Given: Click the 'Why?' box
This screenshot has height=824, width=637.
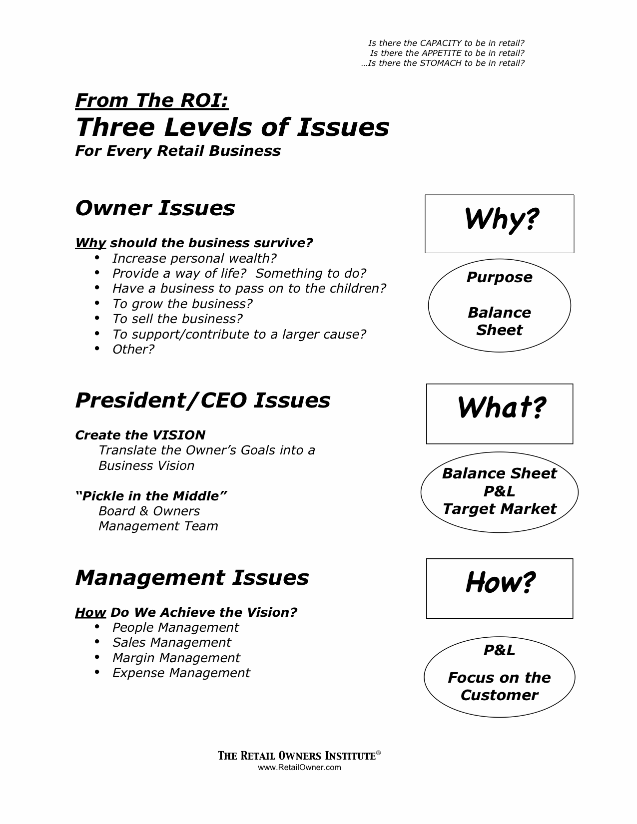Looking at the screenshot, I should [500, 223].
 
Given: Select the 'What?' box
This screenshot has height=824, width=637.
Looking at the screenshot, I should [500, 413].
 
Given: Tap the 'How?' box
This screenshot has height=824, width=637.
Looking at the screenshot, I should [500, 588].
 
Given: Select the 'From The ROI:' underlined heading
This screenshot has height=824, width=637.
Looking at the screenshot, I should [152, 101].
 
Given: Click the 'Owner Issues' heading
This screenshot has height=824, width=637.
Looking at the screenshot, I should [155, 208].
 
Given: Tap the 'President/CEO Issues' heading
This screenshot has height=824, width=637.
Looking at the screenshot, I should [202, 401].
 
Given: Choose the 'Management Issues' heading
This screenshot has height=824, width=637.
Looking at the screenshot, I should [192, 578].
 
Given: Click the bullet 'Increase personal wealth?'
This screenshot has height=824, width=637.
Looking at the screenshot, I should [194, 258].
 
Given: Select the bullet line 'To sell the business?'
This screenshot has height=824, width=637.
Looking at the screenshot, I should [177, 319].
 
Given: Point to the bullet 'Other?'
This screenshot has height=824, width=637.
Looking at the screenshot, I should [133, 349].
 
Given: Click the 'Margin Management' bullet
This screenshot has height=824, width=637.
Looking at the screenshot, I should [176, 658].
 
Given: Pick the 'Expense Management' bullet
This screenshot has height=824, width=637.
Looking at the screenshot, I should [181, 673].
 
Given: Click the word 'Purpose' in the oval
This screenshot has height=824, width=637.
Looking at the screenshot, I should [500, 277].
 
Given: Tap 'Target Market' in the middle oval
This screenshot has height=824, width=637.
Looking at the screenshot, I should [500, 509].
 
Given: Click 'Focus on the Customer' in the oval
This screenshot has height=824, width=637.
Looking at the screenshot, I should [500, 686].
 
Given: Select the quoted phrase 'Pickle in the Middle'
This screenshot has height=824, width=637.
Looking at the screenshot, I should [151, 496].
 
